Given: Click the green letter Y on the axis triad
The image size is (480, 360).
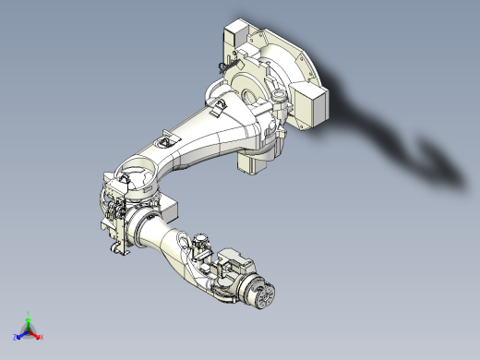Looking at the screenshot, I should pos(30,313).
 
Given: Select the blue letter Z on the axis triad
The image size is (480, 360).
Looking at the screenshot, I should pos(16,339).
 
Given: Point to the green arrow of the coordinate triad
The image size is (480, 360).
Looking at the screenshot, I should pos(30,322).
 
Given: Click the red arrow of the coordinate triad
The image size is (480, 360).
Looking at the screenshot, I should pos(37,334).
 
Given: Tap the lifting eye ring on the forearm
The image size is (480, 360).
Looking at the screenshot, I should pos(200,243).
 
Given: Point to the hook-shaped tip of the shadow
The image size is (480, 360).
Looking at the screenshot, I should pos(429,148).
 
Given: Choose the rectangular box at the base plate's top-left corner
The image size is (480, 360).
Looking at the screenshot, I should pos(237,37).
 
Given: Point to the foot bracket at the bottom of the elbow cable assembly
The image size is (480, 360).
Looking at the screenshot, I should pos(118,249).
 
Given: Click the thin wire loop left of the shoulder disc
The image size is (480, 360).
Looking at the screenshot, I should pos(219,67).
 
